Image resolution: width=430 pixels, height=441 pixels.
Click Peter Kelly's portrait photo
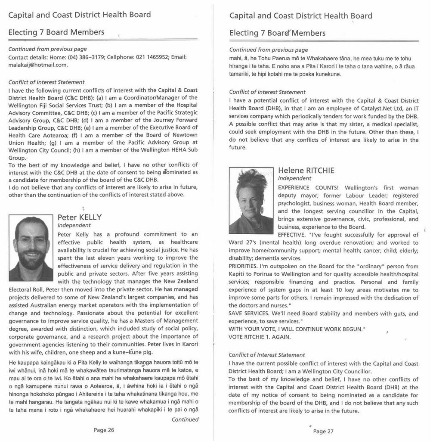pyautogui.click(x=31, y=248)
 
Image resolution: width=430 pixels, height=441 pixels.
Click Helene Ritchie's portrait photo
pyautogui.click(x=251, y=201)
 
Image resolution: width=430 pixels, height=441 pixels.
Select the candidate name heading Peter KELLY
pyautogui.click(x=80, y=217)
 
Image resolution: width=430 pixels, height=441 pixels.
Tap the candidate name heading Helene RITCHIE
pyautogui.click(x=306, y=170)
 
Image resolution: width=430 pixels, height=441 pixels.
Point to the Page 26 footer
pyautogui.click(x=104, y=429)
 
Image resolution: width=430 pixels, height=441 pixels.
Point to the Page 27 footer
pyautogui.click(x=323, y=431)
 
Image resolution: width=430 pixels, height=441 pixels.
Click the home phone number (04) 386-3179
pyautogui.click(x=86, y=57)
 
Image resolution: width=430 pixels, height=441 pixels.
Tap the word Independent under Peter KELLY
pyautogui.click(x=74, y=225)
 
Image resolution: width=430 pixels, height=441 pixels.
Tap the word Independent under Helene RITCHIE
pyautogui.click(x=294, y=178)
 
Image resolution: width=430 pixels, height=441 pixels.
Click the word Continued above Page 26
pyautogui.click(x=185, y=419)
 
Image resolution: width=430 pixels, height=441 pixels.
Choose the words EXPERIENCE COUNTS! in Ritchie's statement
pyautogui.click(x=308, y=188)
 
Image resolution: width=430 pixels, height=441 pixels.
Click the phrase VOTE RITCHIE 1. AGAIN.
pyautogui.click(x=260, y=337)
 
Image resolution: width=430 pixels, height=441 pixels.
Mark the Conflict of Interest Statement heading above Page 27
pyautogui.click(x=267, y=355)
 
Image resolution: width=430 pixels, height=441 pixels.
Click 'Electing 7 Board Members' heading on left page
pyautogui.click(x=56, y=32)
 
